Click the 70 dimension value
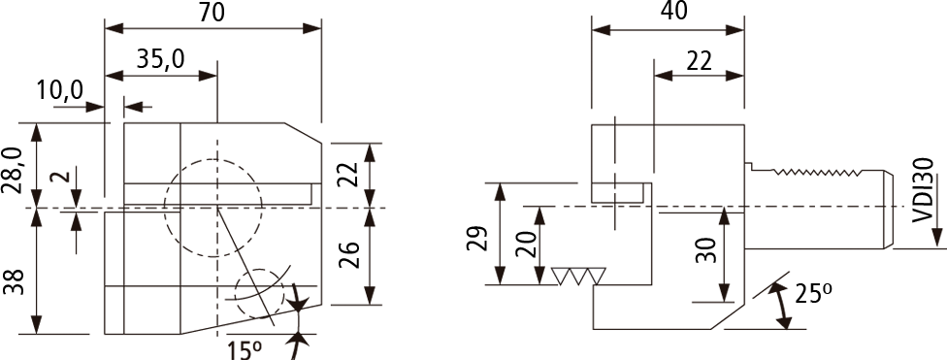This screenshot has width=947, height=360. coord(212,13)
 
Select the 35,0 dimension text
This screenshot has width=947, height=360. coord(161,59)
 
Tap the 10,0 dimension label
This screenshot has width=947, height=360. coord(60,90)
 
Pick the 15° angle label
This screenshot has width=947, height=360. coord(245,349)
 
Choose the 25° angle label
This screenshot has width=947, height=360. coord(813,294)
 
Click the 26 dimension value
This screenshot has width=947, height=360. coord(349,256)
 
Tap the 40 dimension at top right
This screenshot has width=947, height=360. coord(674,12)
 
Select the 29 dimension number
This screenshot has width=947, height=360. coord(476,238)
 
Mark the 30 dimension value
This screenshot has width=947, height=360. coord(705,249)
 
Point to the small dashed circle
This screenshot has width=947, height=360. coord(260,270)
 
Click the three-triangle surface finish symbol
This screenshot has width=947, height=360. coord(579,276)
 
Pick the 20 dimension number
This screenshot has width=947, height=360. coord(527,244)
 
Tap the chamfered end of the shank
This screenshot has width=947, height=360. coord(890,210)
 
